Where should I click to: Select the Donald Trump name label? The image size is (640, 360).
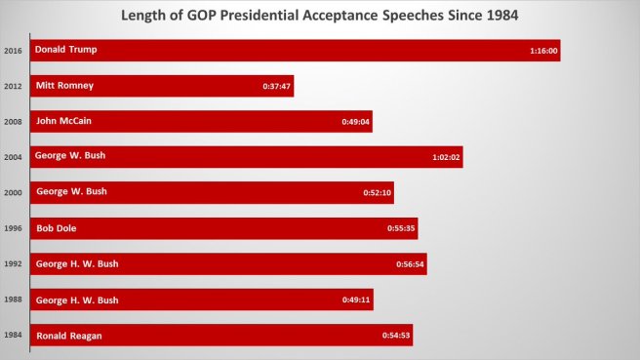coord(66,49)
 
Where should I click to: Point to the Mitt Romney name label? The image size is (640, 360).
coord(64,85)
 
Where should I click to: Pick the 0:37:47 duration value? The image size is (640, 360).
coord(277,88)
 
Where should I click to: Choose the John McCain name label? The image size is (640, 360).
coord(64,121)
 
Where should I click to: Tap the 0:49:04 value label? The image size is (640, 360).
coord(356,123)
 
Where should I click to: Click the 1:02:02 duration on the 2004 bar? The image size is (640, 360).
coord(446,158)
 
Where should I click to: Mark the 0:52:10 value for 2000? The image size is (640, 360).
coord(378,194)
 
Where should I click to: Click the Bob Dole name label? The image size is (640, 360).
coord(56,227)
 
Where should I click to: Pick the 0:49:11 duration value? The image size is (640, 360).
coord(357,300)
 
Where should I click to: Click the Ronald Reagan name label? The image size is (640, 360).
coord(69,336)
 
